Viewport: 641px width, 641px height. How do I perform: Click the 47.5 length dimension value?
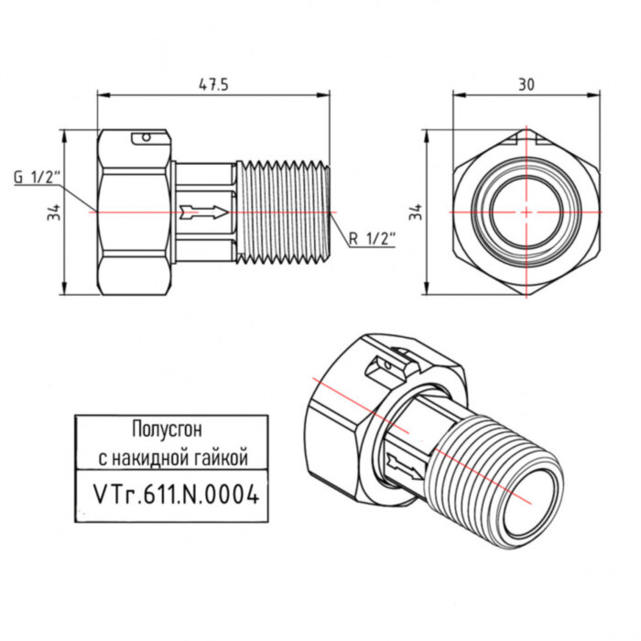(212, 83)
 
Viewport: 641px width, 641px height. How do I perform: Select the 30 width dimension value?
(526, 83)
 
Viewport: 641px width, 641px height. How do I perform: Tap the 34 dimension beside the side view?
(54, 212)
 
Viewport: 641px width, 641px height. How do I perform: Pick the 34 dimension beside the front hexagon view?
(418, 212)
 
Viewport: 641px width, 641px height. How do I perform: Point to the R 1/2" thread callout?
(371, 239)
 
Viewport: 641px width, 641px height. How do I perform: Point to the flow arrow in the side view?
(203, 212)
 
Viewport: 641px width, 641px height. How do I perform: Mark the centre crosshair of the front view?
(526, 212)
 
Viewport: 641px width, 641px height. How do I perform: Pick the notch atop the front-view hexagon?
(526, 139)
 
